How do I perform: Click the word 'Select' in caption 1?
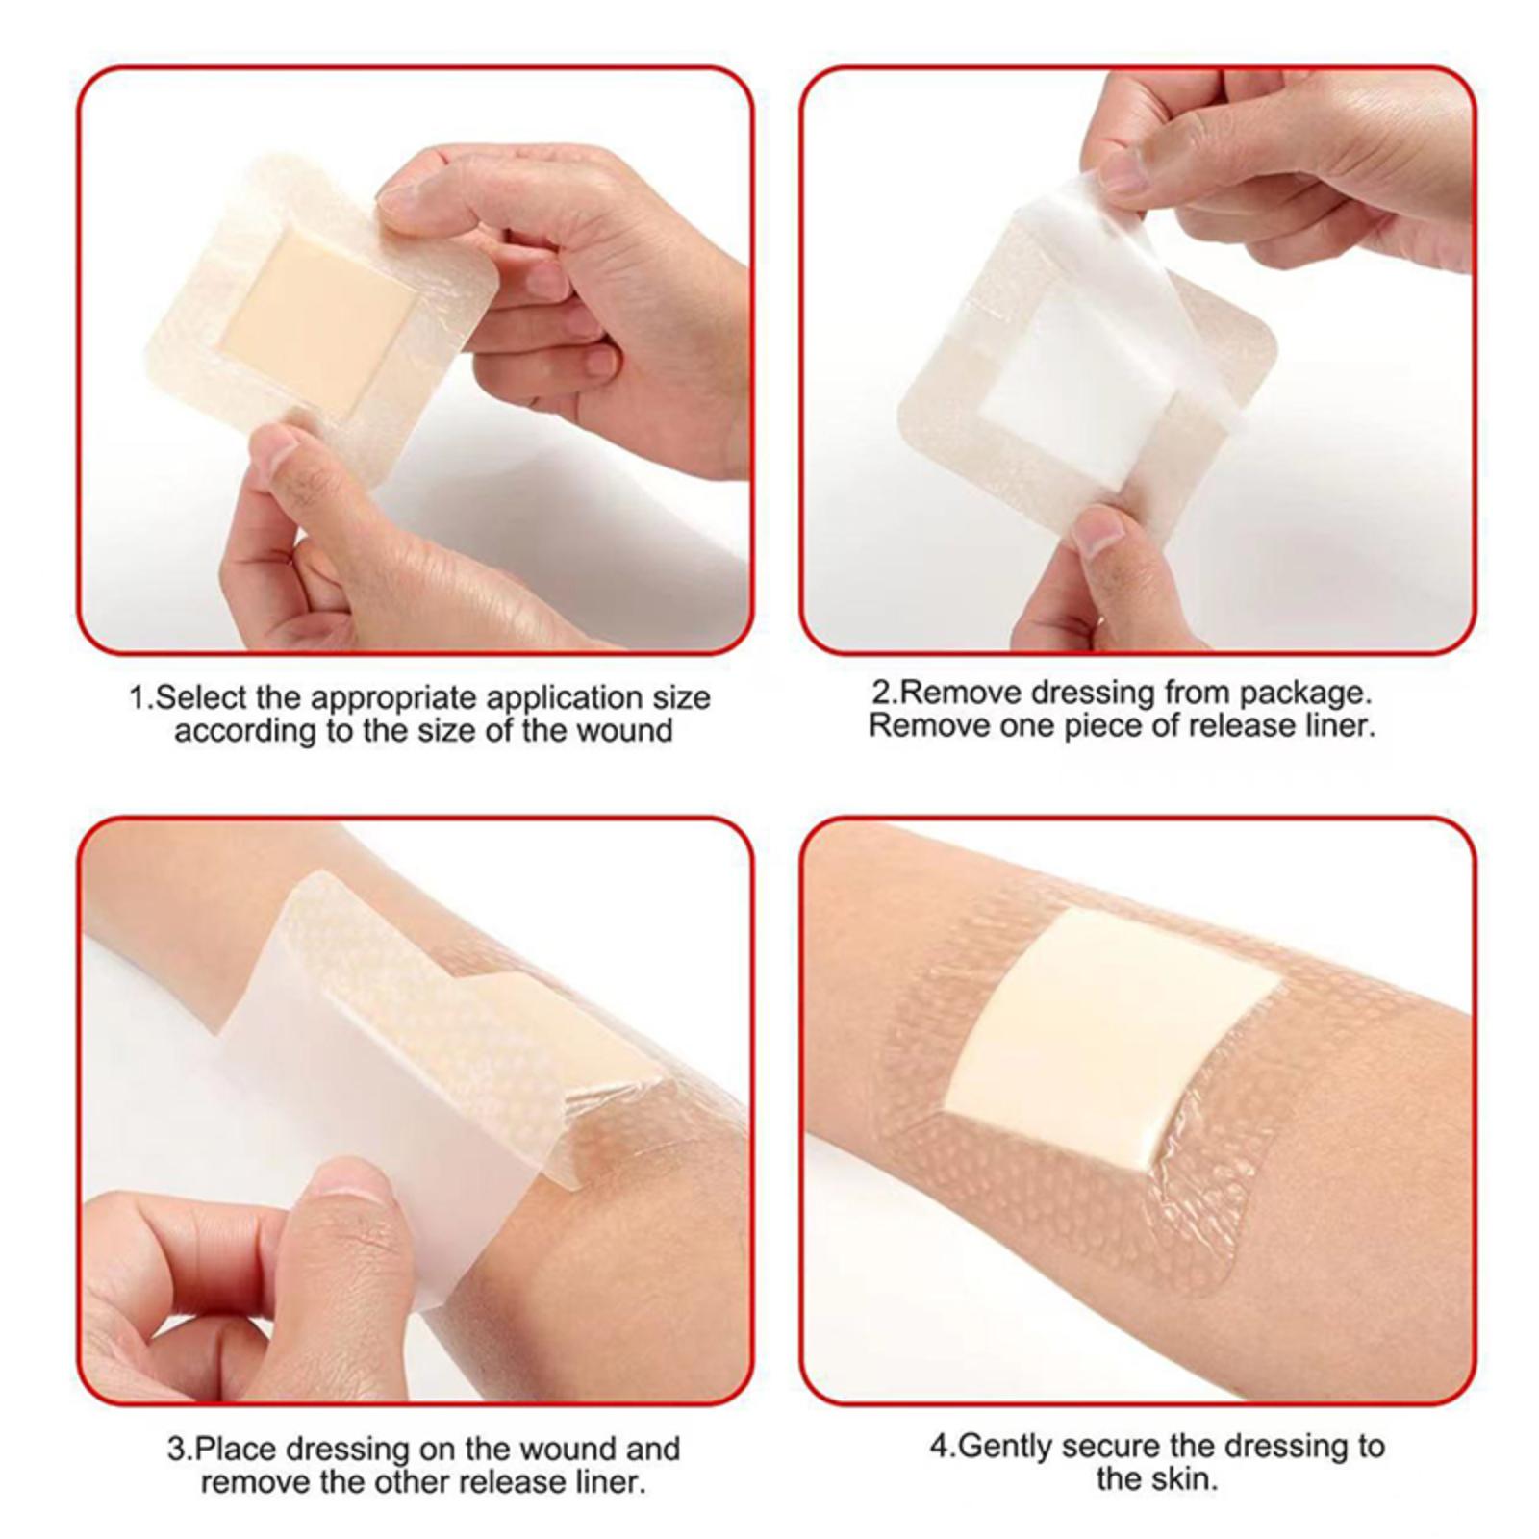click(198, 697)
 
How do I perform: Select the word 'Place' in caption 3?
click(235, 1450)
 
